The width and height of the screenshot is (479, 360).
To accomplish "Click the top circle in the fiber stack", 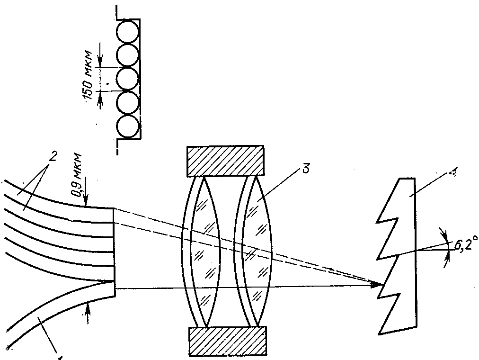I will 128,32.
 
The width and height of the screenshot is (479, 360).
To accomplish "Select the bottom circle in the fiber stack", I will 128,127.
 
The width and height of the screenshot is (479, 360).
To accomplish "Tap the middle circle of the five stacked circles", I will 128,80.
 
